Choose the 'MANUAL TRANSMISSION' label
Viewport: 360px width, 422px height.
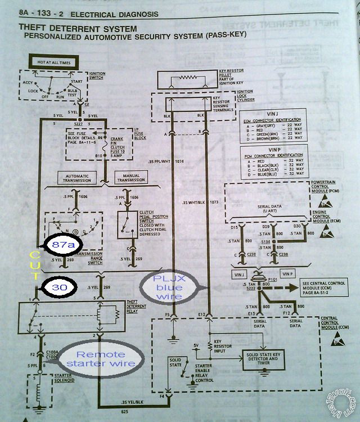point(128,178)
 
